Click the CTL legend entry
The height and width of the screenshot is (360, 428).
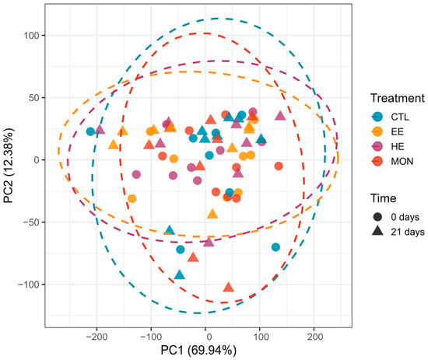(391, 117)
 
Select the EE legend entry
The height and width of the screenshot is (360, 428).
(388, 131)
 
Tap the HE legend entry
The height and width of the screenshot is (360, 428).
(388, 146)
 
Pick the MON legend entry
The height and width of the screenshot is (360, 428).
(392, 161)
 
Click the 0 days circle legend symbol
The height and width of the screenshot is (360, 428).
(377, 217)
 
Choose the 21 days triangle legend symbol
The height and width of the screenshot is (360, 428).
(377, 231)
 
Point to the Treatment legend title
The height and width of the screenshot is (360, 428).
(398, 98)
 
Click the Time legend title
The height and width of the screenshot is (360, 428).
(383, 198)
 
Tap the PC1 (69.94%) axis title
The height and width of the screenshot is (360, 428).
(198, 350)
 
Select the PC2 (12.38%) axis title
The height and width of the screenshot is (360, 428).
(9, 166)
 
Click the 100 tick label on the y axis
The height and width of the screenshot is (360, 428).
(31, 36)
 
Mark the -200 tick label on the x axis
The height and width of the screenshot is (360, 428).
(96, 337)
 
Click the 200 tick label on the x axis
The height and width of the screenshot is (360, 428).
(315, 337)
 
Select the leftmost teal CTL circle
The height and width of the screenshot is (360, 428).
(90, 131)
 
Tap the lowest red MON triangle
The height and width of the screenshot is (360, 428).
(229, 287)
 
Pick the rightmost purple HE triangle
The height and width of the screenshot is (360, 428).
(280, 116)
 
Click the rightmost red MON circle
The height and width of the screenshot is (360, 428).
(279, 166)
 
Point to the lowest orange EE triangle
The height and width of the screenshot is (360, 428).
(212, 214)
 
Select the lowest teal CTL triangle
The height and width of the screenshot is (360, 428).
(179, 275)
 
